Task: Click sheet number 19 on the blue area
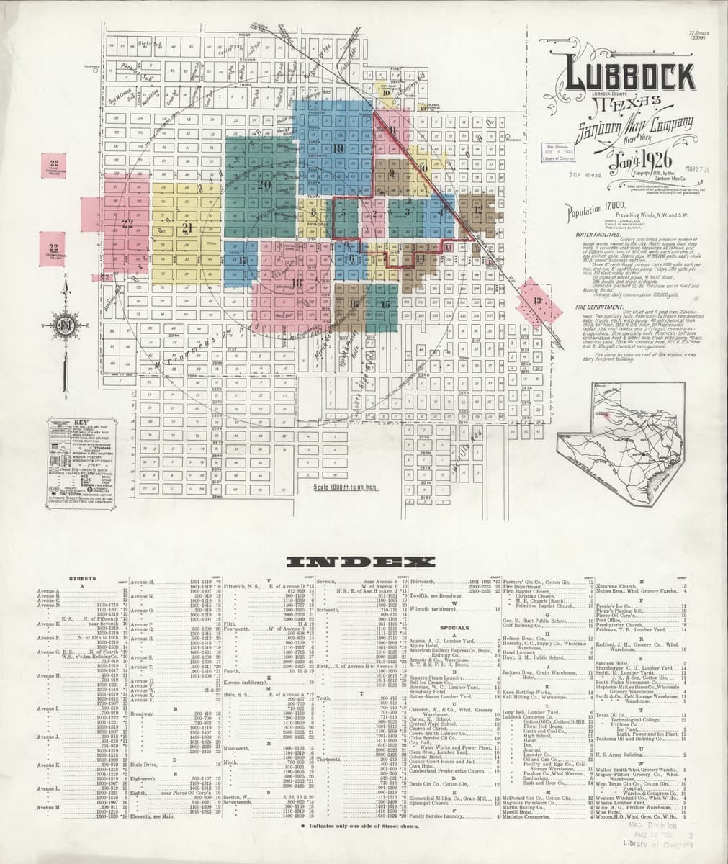click(338, 148)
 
